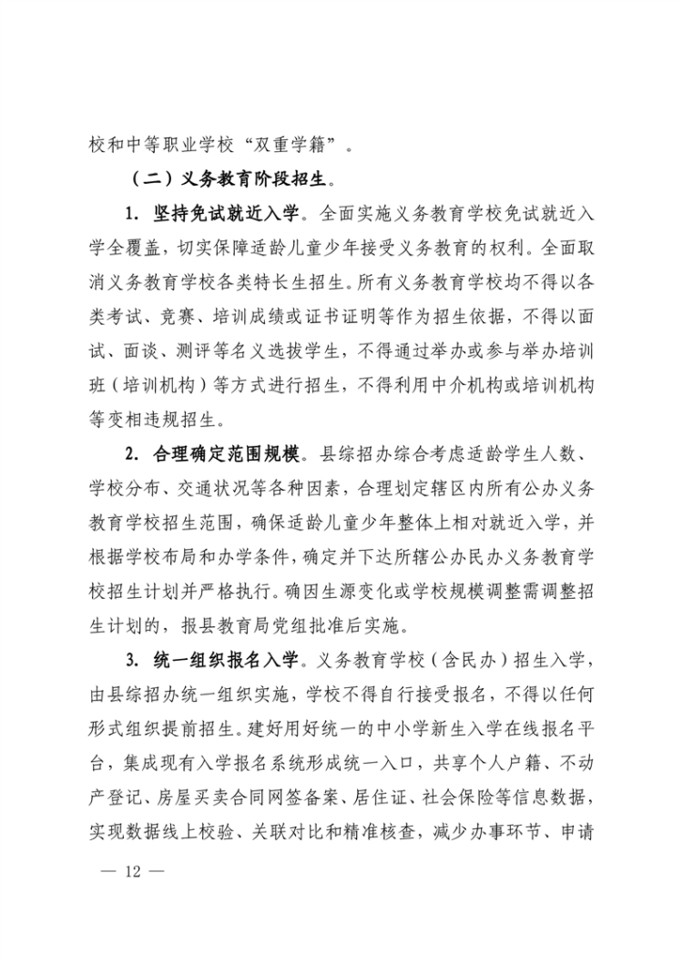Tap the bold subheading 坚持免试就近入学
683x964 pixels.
tap(224, 216)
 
